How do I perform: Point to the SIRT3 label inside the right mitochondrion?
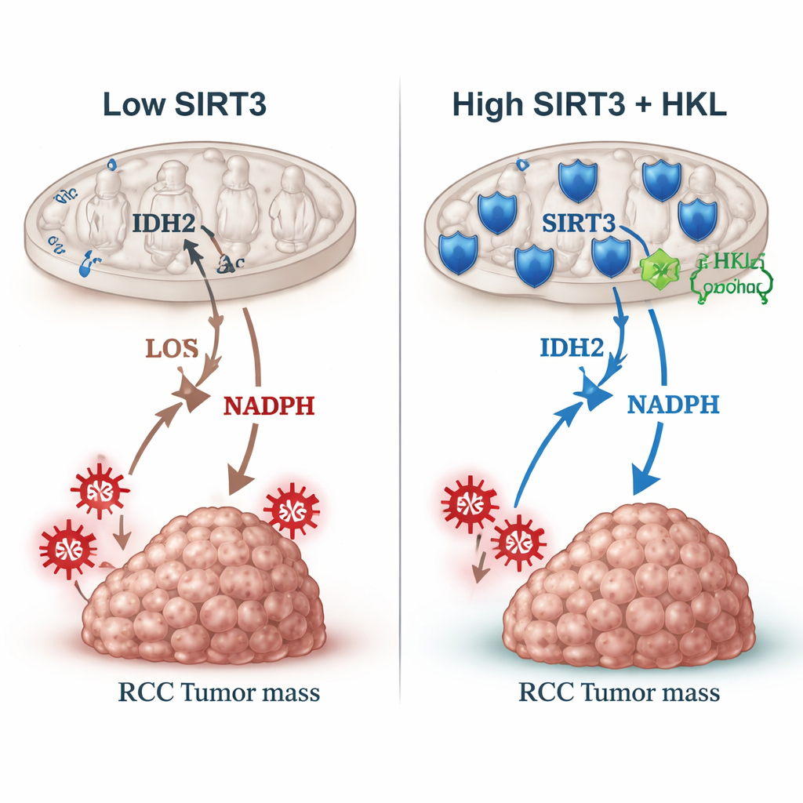point(578,223)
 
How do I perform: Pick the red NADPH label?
point(269,405)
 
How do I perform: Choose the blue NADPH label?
point(673,405)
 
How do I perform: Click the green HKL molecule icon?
point(658,271)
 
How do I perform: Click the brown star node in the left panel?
point(191,393)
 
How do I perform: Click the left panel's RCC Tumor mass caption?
point(219,692)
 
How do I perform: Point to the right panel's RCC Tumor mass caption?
point(619,692)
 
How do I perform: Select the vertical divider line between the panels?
point(401,392)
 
